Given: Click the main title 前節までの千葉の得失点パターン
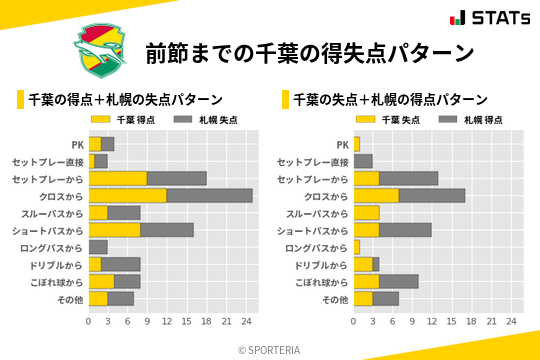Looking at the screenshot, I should pos(309,52).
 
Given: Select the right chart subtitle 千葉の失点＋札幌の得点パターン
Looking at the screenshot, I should pos(390,99).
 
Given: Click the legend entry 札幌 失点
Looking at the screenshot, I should pos(198,119).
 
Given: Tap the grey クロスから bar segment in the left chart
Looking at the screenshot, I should pos(210,196).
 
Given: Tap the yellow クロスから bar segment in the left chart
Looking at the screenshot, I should pos(128,196).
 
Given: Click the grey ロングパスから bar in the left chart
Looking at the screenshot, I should pos(98,247).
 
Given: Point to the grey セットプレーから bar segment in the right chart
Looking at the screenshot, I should pos(409,178).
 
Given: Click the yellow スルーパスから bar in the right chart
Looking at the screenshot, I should pos(367,213).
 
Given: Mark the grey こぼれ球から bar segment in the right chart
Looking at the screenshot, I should pos(399,281).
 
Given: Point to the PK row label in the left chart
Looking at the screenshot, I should pos(77,144).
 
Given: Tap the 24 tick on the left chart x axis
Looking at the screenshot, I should pos(246,322).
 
